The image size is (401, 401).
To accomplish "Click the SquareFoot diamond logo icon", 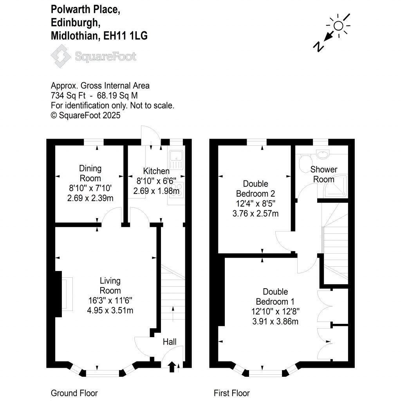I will pyautogui.click(x=61, y=56).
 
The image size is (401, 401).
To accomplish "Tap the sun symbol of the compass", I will pyautogui.click(x=338, y=26).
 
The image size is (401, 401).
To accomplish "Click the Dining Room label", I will pyautogui.click(x=90, y=173).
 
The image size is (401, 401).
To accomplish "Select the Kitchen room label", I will pyautogui.click(x=156, y=171).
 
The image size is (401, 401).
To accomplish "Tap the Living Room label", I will pyautogui.click(x=110, y=285).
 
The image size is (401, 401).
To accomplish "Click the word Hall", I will pyautogui.click(x=170, y=342).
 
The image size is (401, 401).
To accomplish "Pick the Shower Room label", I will pyautogui.click(x=324, y=174).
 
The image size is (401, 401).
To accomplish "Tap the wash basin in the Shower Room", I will pyautogui.click(x=323, y=155).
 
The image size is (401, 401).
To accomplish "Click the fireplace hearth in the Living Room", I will pyautogui.click(x=67, y=294).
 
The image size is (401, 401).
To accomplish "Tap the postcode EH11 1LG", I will pyautogui.click(x=125, y=36).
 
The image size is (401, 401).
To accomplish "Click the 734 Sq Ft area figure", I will pyautogui.click(x=67, y=95).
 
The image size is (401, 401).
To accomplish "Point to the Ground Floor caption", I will pyautogui.click(x=74, y=393).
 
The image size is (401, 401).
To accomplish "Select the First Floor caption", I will pyautogui.click(x=232, y=393).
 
